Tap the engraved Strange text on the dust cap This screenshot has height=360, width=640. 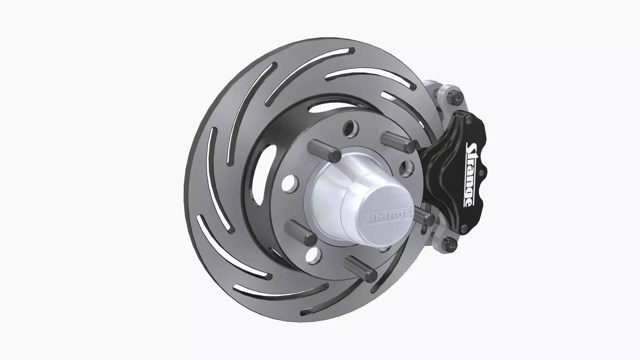[387, 217]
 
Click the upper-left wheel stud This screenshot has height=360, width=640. [325, 151]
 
